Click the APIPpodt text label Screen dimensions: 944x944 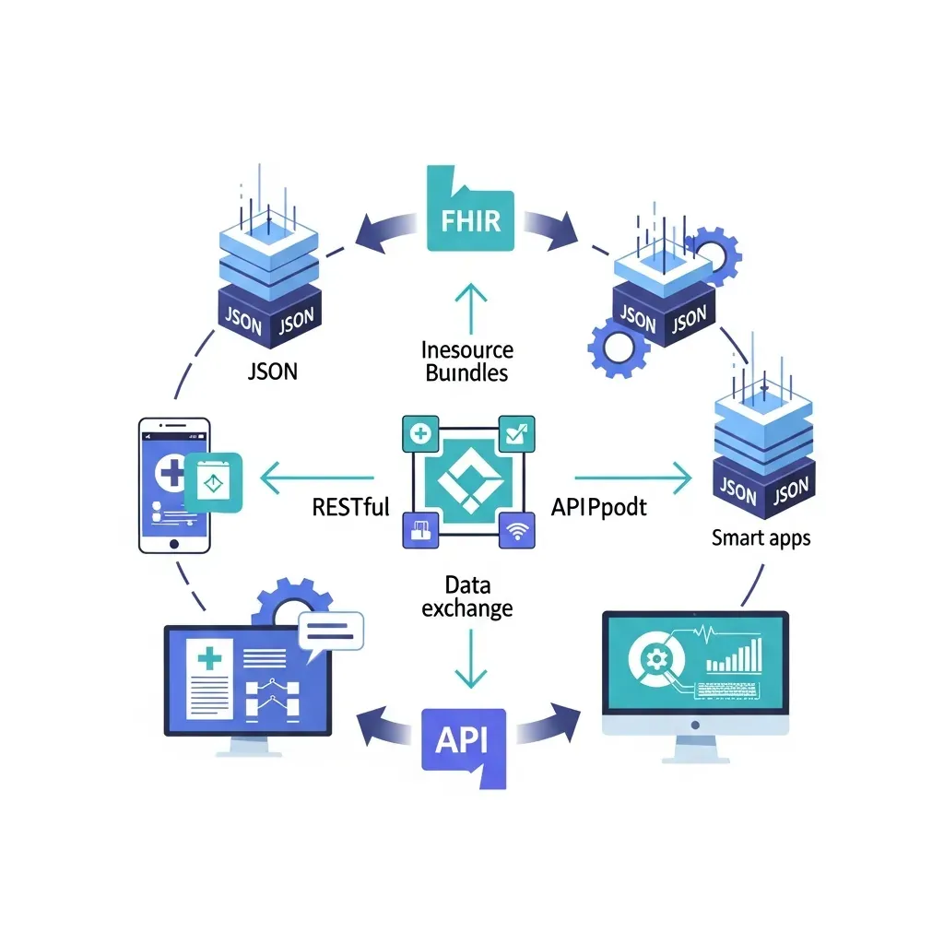coord(598,506)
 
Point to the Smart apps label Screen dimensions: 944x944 coord(761,537)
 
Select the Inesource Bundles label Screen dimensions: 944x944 coord(466,361)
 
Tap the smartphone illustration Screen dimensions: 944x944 coord(175,485)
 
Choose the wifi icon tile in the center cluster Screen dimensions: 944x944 coord(515,530)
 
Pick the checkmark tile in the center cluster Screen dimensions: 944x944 coord(515,431)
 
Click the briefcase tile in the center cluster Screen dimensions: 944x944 coord(422,530)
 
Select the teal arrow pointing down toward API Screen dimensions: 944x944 coord(471,659)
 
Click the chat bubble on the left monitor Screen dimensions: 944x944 coord(331,631)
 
